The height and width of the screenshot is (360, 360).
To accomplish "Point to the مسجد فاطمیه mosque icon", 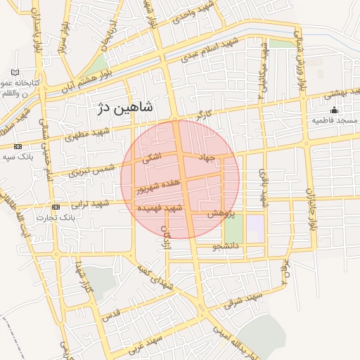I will pos(335,110).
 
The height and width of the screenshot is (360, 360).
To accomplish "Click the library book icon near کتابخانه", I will pos(15,72).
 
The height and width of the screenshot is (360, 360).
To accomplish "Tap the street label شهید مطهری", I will pos(88,134).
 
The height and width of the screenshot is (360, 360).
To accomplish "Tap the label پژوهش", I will pos(220,213).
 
